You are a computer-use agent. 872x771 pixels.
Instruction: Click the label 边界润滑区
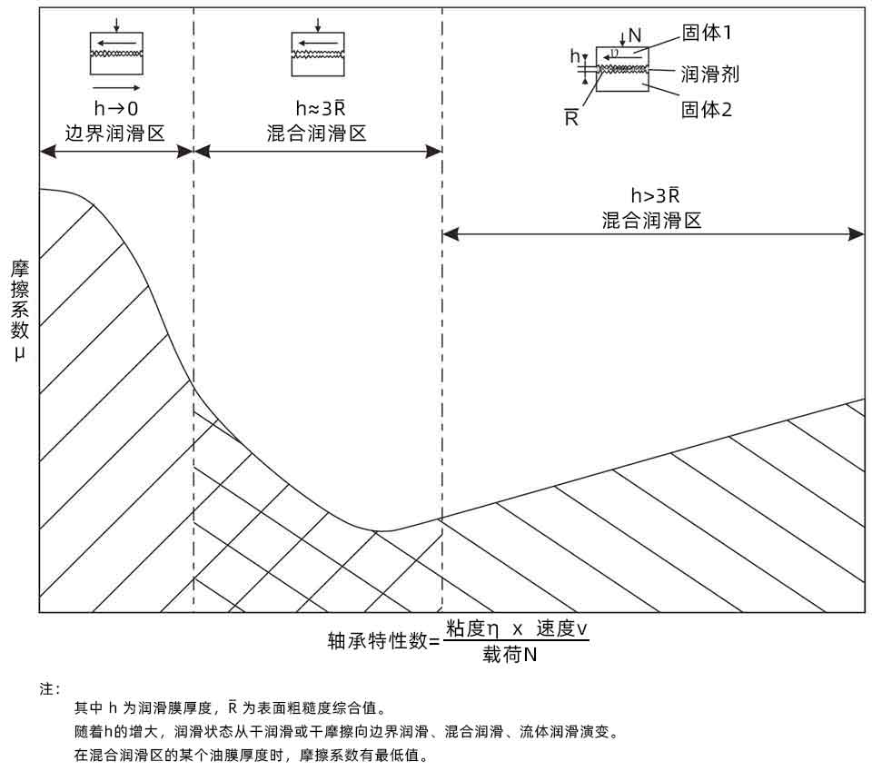click(115, 133)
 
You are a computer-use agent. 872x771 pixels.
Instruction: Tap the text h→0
click(115, 109)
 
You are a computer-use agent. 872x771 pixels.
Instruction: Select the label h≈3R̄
click(318, 109)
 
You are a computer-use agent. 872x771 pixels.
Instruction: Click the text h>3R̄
click(655, 195)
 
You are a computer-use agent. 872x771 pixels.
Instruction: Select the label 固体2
click(707, 110)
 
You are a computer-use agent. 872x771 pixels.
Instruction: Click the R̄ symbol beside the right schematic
click(571, 116)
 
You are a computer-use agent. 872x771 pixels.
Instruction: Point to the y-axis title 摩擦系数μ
click(20, 309)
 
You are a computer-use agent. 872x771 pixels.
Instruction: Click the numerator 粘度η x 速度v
click(516, 628)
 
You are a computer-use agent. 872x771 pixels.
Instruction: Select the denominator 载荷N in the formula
click(509, 654)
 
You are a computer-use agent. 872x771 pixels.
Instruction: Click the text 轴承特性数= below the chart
click(383, 641)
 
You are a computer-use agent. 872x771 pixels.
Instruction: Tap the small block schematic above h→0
click(116, 54)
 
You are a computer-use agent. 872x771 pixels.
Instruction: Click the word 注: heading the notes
click(50, 689)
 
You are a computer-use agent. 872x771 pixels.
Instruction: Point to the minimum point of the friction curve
click(383, 530)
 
